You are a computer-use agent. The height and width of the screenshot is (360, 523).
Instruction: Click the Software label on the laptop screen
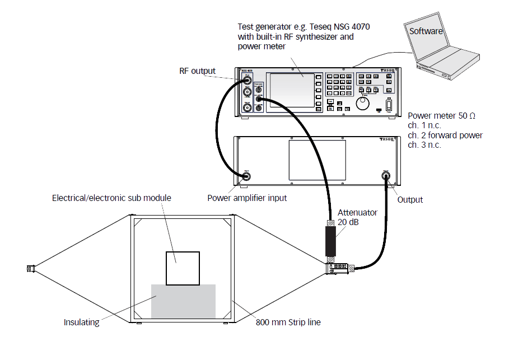[426, 31]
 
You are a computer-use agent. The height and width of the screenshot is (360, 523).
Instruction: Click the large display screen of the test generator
[292, 90]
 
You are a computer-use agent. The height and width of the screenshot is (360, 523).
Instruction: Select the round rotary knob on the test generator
[364, 106]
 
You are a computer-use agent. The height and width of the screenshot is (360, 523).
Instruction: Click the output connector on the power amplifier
[386, 176]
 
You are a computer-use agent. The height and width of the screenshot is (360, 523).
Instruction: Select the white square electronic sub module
[183, 268]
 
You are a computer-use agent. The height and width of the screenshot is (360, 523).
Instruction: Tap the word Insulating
[82, 322]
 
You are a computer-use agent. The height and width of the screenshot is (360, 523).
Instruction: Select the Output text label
[410, 199]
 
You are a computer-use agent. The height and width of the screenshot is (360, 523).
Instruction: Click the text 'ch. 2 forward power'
[445, 135]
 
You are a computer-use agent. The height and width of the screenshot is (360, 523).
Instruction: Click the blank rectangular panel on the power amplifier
[317, 161]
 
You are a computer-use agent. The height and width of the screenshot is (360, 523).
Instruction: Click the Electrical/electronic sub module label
[111, 198]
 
